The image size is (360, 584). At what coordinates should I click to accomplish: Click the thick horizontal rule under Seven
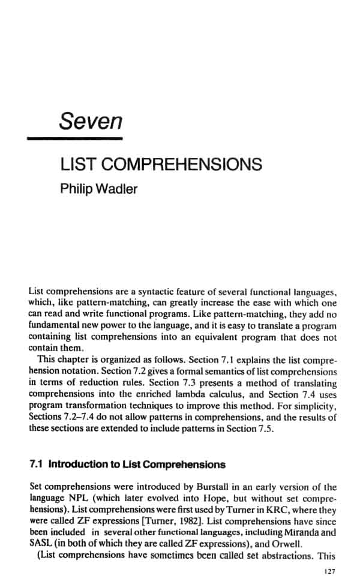click(76, 139)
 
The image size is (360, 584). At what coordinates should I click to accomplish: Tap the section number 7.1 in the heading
click(37, 465)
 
